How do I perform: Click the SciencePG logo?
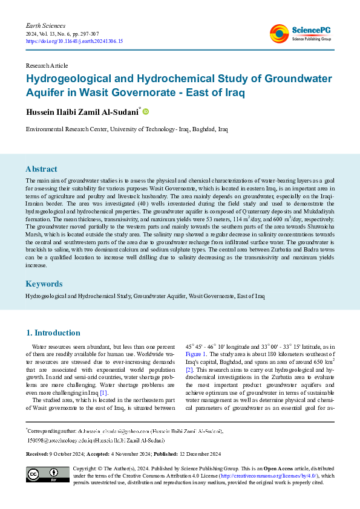[300, 34]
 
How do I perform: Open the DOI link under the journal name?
[74, 41]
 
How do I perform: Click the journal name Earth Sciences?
[45, 25]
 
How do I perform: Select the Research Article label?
[47, 65]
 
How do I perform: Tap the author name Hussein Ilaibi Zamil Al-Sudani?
[82, 112]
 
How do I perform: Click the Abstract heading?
[41, 169]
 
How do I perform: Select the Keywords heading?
[44, 284]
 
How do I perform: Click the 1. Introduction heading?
[53, 332]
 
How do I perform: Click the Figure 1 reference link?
[196, 353]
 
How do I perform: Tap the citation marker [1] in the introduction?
[103, 376]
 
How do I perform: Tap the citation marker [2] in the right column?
[189, 369]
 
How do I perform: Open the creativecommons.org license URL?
[270, 476]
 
